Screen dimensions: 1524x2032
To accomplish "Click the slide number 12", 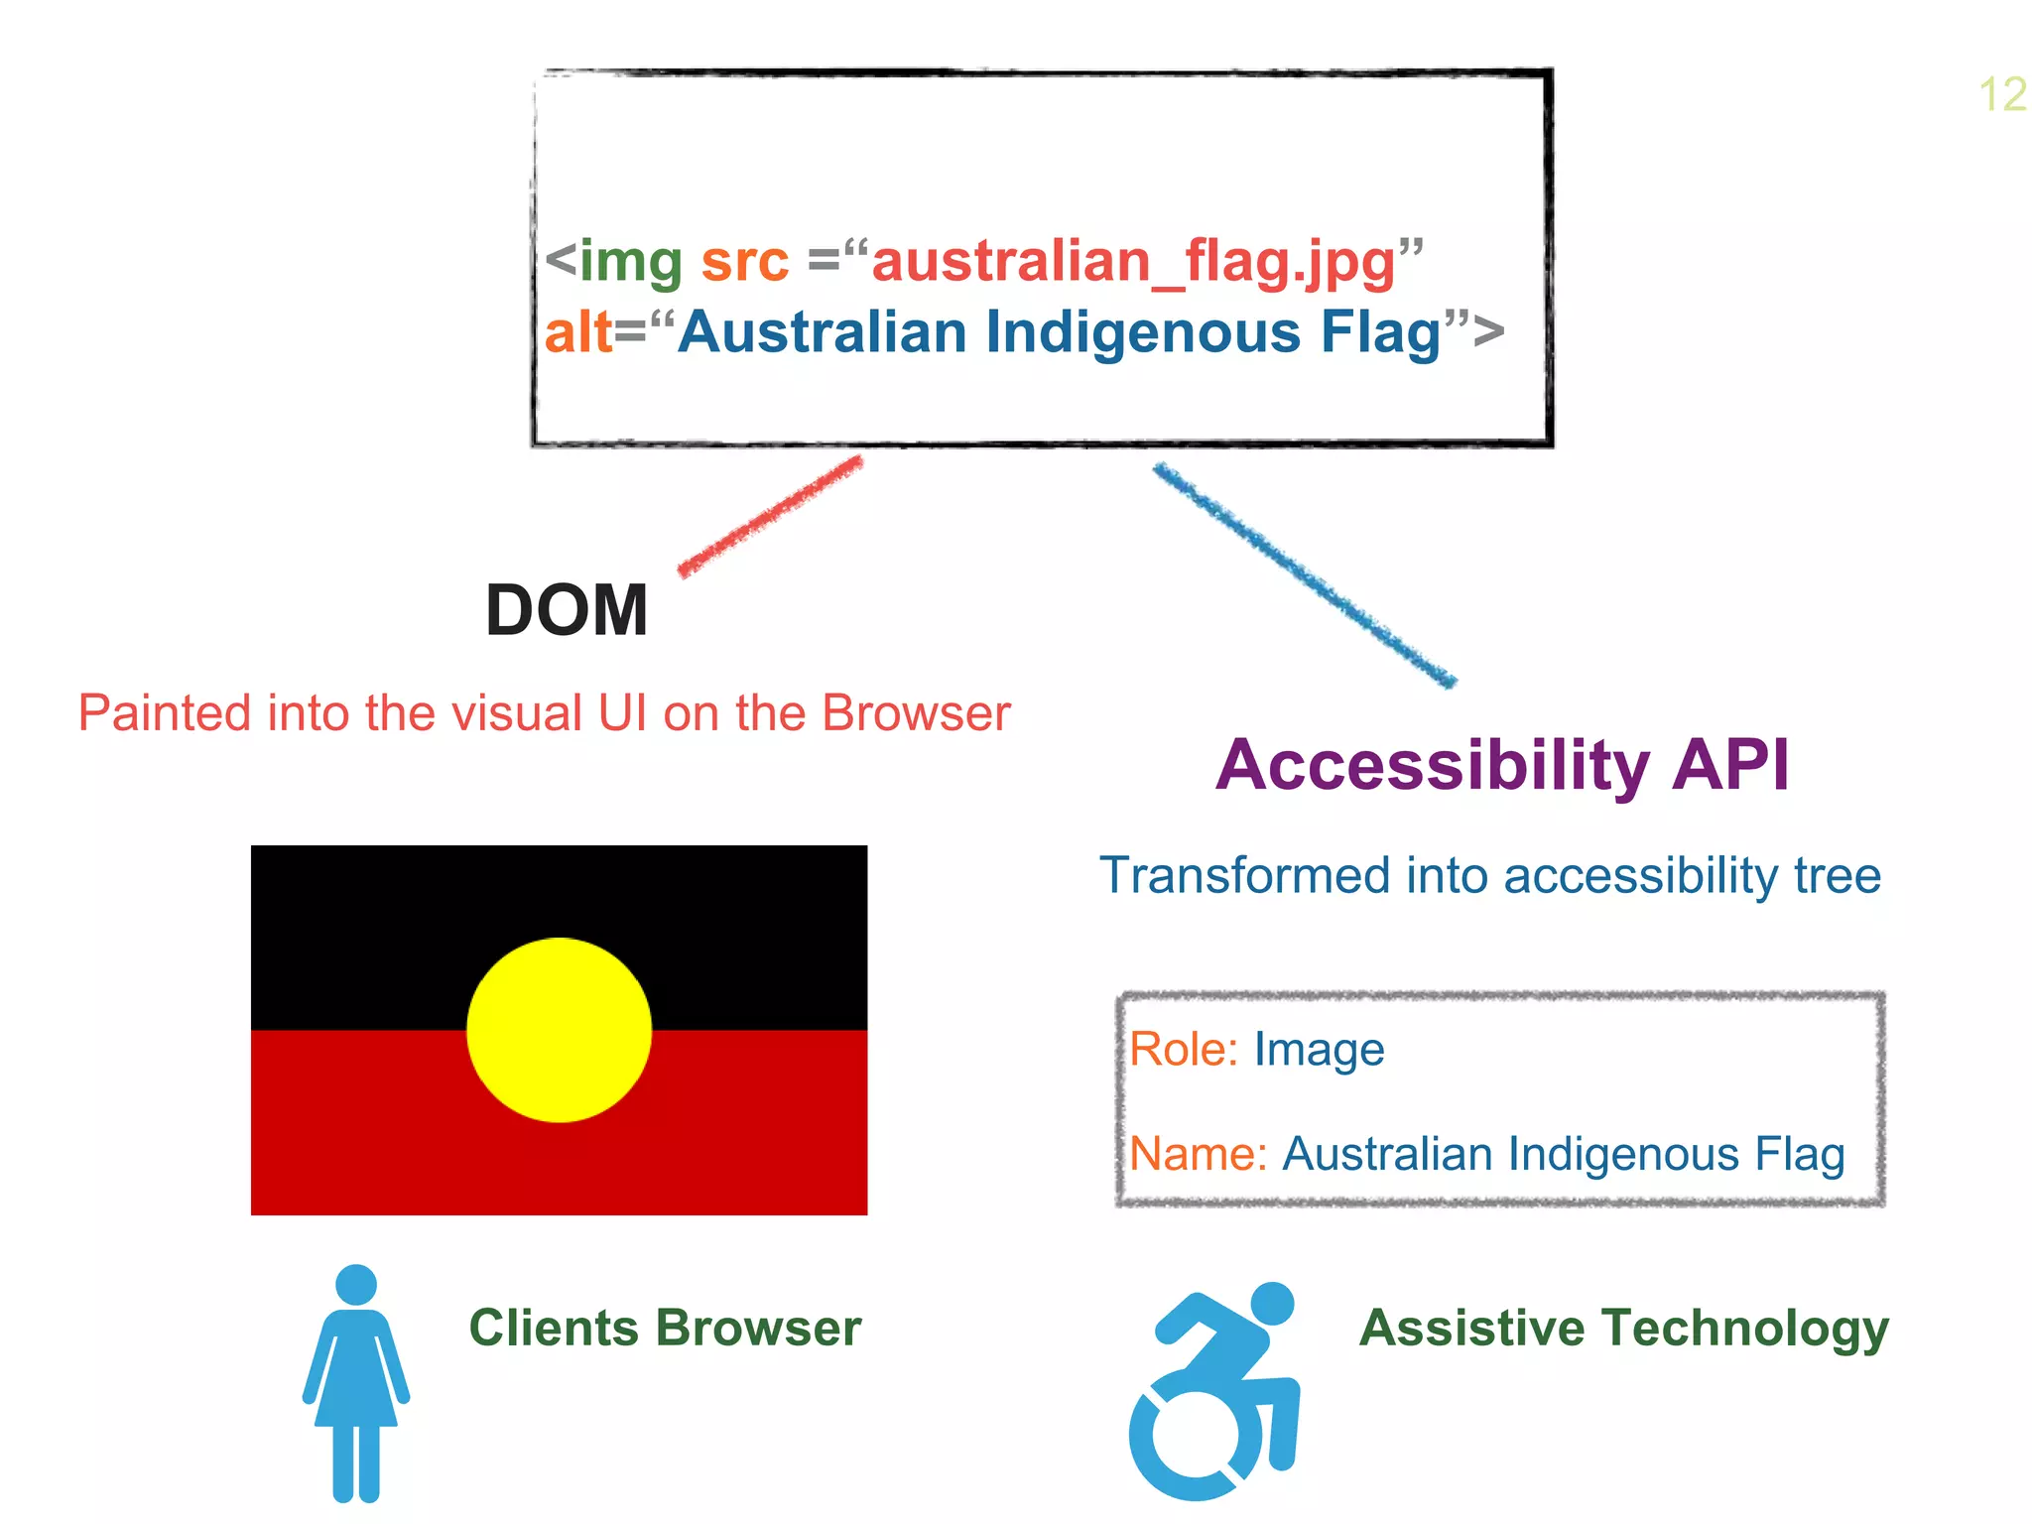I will pos(2002,95).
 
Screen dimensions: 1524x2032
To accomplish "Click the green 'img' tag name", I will pos(631,261).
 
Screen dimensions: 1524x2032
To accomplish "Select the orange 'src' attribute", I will pos(745,261).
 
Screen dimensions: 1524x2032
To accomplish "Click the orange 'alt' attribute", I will pos(577,332).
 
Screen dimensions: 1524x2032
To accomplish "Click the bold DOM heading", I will pos(567,610).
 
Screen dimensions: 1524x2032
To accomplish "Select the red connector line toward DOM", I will pos(771,515).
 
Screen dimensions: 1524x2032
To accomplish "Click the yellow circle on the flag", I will pos(560,1030).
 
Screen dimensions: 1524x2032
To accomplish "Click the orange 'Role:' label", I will pos(1184,1050).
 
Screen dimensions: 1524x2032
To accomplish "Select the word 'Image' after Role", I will pos(1319,1050).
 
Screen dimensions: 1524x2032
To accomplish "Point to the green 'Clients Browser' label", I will pos(665,1328).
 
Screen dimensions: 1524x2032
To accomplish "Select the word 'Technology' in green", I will pos(1745,1328).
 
